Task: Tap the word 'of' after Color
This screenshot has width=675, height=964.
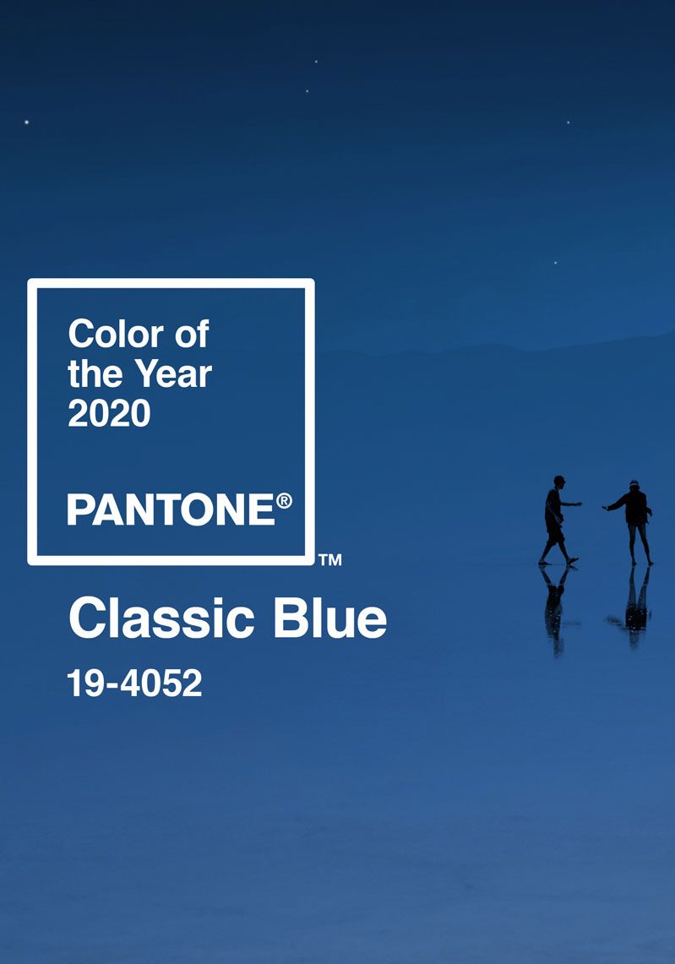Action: [192, 334]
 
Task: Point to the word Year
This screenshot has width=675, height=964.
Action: [173, 373]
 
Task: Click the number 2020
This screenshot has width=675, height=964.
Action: [110, 412]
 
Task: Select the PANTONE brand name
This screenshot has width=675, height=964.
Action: [171, 509]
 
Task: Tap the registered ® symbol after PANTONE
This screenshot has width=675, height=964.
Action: [284, 500]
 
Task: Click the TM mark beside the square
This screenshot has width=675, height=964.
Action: [330, 559]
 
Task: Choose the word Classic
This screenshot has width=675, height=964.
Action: [161, 618]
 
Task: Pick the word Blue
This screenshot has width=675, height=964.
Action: [330, 618]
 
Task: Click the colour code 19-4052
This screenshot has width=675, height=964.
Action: [134, 683]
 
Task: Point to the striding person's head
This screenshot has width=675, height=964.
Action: [558, 481]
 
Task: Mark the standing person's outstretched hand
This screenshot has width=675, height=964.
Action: [606, 508]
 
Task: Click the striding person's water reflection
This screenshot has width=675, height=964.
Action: [555, 608]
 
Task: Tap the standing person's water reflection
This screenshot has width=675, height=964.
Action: [634, 606]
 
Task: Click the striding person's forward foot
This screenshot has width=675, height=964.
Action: [572, 561]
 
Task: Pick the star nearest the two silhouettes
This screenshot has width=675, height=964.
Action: [556, 263]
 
